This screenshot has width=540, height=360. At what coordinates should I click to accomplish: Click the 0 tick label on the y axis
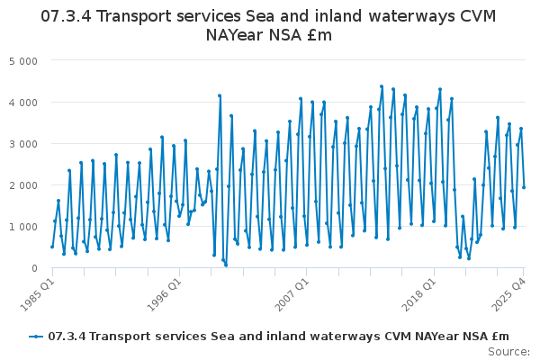click(33, 268)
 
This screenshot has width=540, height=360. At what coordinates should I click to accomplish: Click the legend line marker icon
click(36, 337)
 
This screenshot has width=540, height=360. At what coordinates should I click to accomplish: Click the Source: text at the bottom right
click(510, 352)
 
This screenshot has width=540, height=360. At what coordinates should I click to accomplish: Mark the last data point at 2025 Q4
click(524, 187)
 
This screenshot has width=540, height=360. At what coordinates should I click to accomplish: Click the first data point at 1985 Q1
click(52, 247)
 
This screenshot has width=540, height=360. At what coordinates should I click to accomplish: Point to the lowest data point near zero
click(226, 265)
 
